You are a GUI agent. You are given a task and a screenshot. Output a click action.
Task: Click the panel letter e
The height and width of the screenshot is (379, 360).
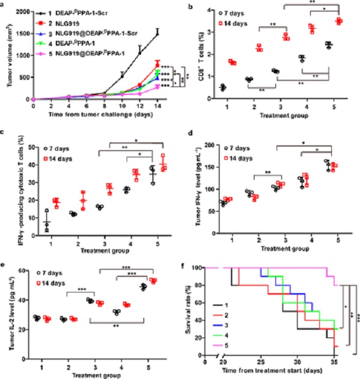[4, 262]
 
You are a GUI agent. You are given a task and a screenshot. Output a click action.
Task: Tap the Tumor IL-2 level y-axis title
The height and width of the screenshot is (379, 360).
[7, 307]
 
